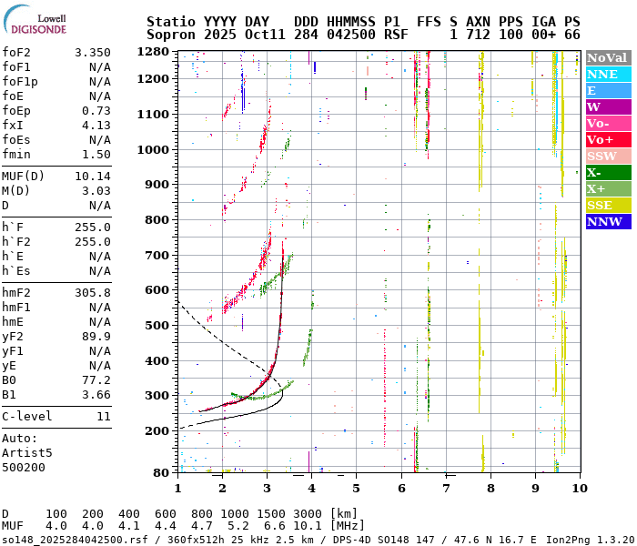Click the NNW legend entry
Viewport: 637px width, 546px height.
[608, 221]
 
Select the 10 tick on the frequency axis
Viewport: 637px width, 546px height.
[579, 489]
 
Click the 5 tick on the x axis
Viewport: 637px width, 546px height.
[356, 489]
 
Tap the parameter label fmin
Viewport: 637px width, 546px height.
[16, 155]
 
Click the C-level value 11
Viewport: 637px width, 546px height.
[103, 417]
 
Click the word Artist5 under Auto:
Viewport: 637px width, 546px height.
[27, 452]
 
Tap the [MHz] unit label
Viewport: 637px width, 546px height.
[348, 526]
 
